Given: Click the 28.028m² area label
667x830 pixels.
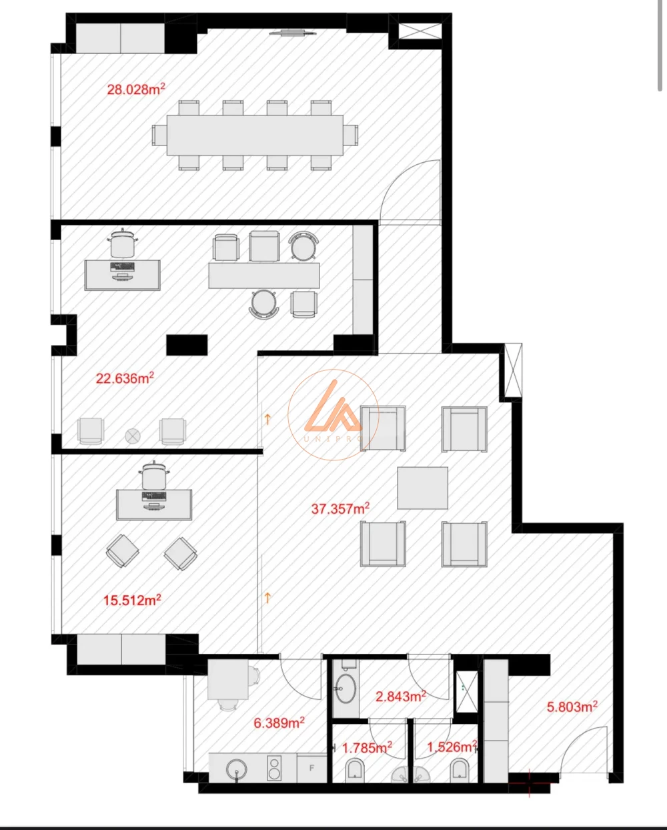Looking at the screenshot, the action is coord(136,89).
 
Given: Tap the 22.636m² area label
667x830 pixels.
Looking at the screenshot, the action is coord(125,378).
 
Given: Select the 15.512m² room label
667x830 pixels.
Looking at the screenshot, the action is coord(132,600).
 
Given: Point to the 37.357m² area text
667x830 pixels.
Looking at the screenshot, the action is coord(340,508).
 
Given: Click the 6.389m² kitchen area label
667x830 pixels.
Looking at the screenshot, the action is coord(279,723).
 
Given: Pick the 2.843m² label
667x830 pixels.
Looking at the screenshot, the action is coord(401,696).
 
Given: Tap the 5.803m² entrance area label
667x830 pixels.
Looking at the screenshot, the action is coord(572,707).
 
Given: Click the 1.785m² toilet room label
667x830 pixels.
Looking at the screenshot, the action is coord(367,748).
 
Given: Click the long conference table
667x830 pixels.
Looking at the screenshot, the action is coord(255,135).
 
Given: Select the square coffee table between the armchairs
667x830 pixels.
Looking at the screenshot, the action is coord(423,488).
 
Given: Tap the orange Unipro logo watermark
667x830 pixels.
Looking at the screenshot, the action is coord(333,414).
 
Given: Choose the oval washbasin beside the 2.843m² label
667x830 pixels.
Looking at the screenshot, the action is coord(346,689).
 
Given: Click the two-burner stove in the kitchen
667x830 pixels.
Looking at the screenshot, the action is coord(274,767).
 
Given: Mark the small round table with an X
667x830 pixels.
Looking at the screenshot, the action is coord(133,436).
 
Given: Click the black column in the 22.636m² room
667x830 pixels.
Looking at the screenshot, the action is coord(187,345).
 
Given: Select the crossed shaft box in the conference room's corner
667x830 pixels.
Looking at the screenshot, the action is coord(420,31).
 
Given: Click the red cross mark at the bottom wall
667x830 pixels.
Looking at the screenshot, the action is coord(529,782).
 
